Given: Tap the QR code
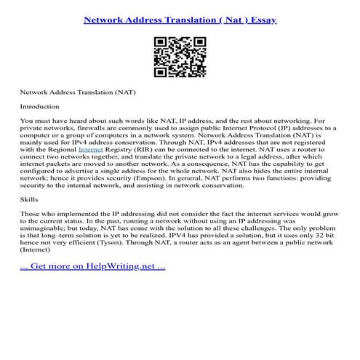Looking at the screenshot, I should (x=180, y=57).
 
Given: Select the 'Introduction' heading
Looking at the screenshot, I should (x=40, y=106).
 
